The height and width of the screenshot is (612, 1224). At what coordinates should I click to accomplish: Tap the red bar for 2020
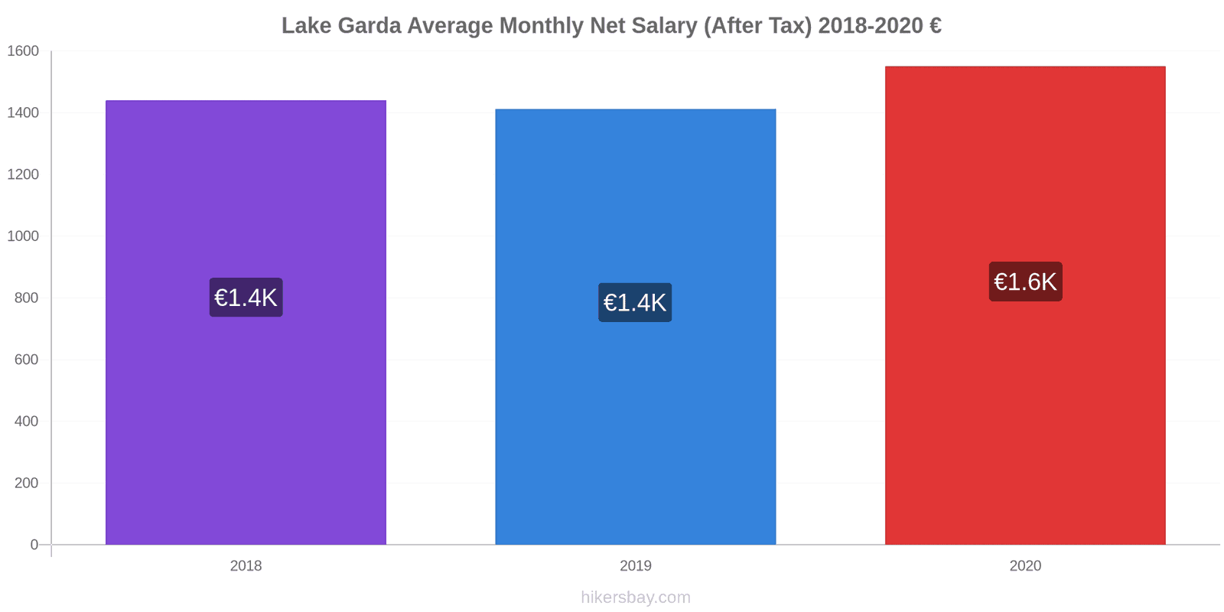(x=1025, y=421)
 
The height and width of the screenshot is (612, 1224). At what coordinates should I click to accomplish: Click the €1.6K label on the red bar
(x=1025, y=282)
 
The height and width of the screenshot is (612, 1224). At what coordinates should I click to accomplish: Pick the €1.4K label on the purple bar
(x=246, y=298)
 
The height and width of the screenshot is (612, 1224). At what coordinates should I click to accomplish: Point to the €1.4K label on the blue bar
(x=635, y=302)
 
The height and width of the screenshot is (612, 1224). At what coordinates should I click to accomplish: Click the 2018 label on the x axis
(x=246, y=566)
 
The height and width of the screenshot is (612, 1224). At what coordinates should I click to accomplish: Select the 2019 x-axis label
(x=635, y=566)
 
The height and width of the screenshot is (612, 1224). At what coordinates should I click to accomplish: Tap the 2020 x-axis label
(x=1025, y=566)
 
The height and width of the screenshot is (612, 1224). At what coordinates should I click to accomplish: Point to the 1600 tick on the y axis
(x=23, y=51)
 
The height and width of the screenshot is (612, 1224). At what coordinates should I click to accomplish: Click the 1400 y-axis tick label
(x=23, y=113)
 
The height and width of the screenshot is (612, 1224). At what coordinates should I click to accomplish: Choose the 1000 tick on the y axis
(x=23, y=236)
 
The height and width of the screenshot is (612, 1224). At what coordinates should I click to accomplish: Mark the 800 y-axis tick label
(x=26, y=298)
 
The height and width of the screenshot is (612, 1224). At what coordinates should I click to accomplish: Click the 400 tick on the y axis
(x=26, y=422)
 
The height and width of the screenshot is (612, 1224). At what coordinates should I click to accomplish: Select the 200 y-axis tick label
(x=26, y=483)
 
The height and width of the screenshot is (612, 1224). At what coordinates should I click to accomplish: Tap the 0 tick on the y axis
(x=34, y=545)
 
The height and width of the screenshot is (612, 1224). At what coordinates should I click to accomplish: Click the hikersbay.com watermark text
(x=635, y=597)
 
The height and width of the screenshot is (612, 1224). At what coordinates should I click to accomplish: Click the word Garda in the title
(x=369, y=26)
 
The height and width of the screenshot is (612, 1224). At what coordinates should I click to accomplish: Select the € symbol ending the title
(x=936, y=26)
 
